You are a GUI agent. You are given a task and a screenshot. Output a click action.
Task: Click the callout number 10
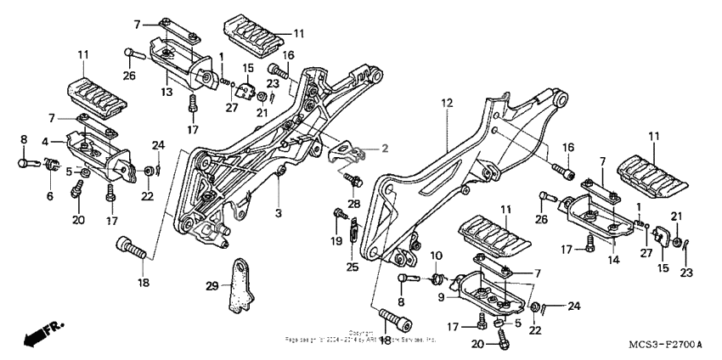click(x=437, y=255)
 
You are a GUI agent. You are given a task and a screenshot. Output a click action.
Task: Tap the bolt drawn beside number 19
click(x=339, y=212)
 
